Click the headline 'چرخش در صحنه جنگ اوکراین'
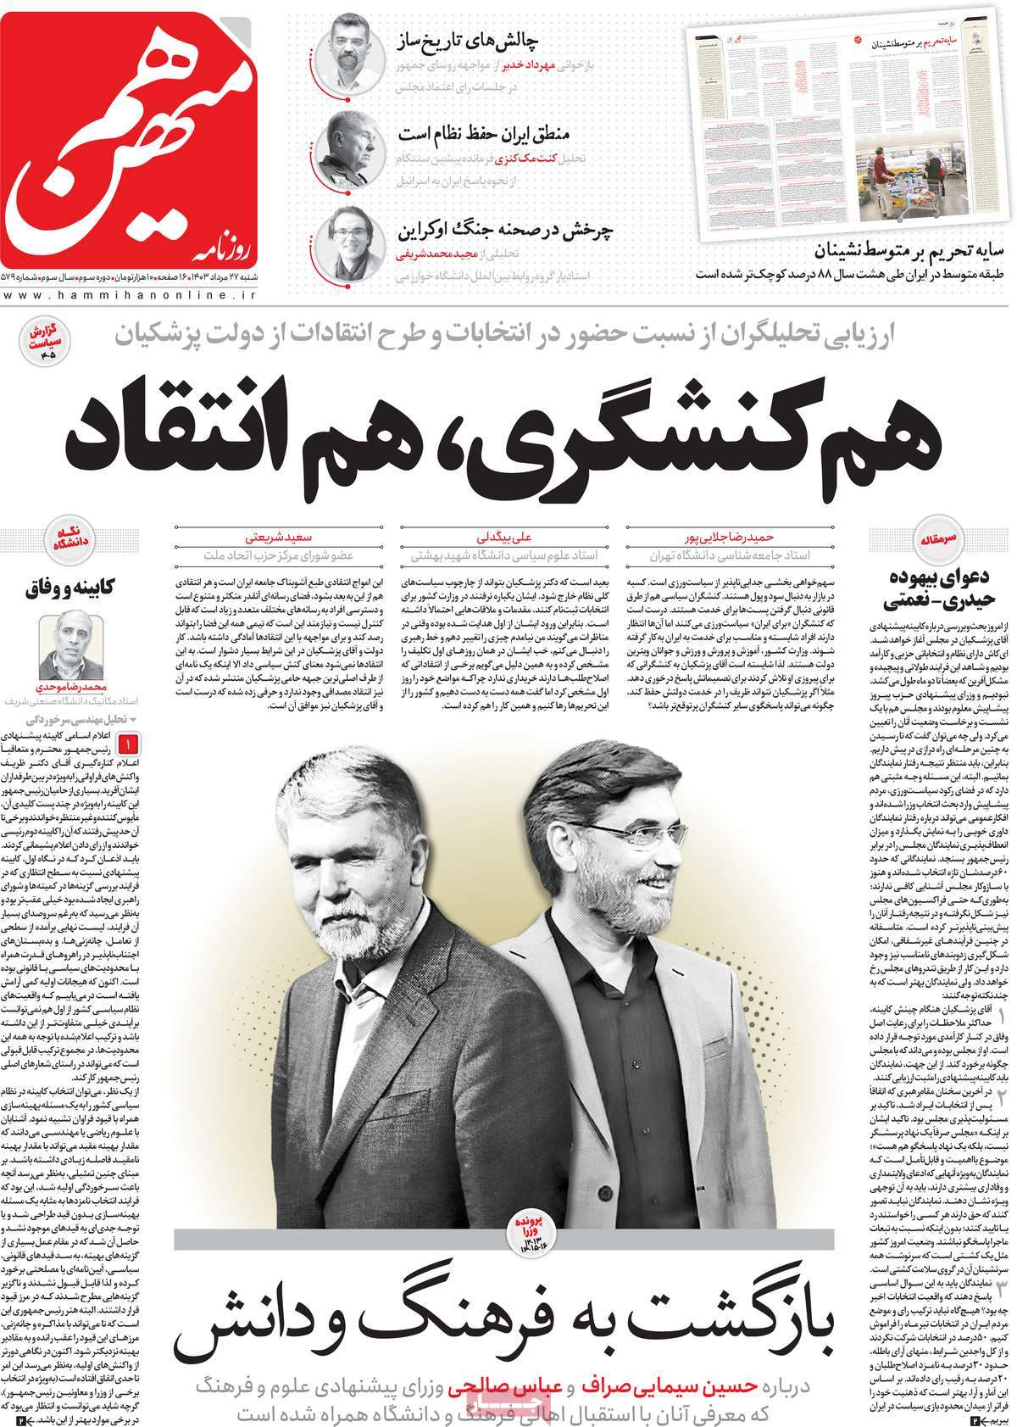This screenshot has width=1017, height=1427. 506,231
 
